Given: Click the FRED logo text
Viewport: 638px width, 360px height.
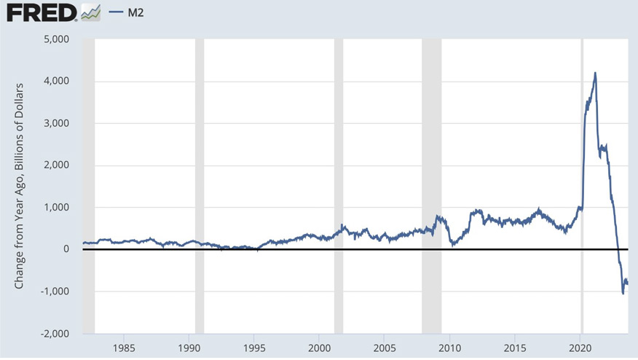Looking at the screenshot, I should [x=40, y=12].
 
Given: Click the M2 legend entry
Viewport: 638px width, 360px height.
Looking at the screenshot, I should [x=135, y=12].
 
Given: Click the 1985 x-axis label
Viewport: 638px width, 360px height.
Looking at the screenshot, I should [x=124, y=346].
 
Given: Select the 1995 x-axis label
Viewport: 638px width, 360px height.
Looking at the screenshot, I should [x=254, y=346].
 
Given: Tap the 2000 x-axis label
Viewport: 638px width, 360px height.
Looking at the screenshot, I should [x=320, y=346].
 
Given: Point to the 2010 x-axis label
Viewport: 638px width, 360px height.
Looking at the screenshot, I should [x=450, y=346].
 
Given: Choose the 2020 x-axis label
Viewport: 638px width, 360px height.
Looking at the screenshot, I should [x=580, y=346].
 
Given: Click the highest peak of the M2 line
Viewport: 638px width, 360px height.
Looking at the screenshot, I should [x=596, y=73].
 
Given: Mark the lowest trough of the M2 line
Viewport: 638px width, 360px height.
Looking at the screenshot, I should [x=623, y=293].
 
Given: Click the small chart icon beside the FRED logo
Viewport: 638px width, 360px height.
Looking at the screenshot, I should [x=91, y=12].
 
